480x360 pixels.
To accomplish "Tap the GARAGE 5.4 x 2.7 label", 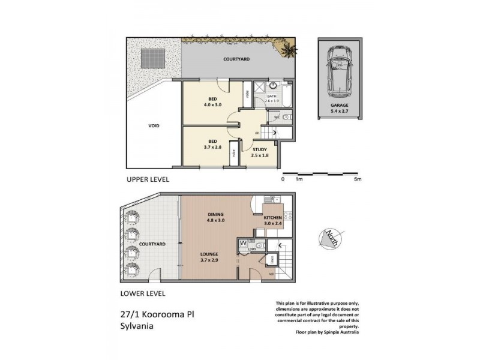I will coord(340,107).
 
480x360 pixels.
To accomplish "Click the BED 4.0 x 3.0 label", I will coord(212,102).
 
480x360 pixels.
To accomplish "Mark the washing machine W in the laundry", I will coord(243,244).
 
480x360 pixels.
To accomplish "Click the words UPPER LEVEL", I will coord(148,179).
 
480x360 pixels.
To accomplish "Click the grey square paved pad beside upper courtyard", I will coord(148,58).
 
